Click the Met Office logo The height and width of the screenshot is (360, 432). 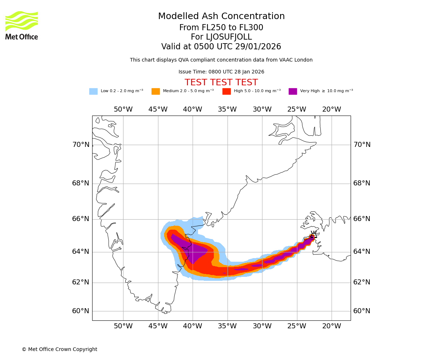coord(22,25)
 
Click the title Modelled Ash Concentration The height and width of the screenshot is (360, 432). coord(221,17)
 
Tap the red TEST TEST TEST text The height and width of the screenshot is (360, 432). coord(221,83)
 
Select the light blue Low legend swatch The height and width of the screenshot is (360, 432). coord(93,91)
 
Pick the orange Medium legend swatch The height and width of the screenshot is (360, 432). coord(156,91)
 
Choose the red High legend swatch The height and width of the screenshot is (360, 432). coord(226,91)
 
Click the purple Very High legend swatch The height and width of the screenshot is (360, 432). coord(293,91)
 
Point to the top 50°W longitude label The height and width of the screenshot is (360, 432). coord(123,109)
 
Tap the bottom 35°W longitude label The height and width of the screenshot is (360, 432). coord(227,326)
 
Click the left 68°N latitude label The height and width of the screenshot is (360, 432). coord(81,183)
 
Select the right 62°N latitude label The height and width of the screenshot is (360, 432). coord(362,282)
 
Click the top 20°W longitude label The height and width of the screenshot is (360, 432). coord(332,109)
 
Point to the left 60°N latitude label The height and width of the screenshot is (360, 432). coord(81,311)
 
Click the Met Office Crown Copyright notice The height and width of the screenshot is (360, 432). coord(59,349)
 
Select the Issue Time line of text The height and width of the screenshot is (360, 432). coord(221,72)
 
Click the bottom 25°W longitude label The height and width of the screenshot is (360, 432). coord(297,326)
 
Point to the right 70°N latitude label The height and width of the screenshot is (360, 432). coord(362,145)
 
